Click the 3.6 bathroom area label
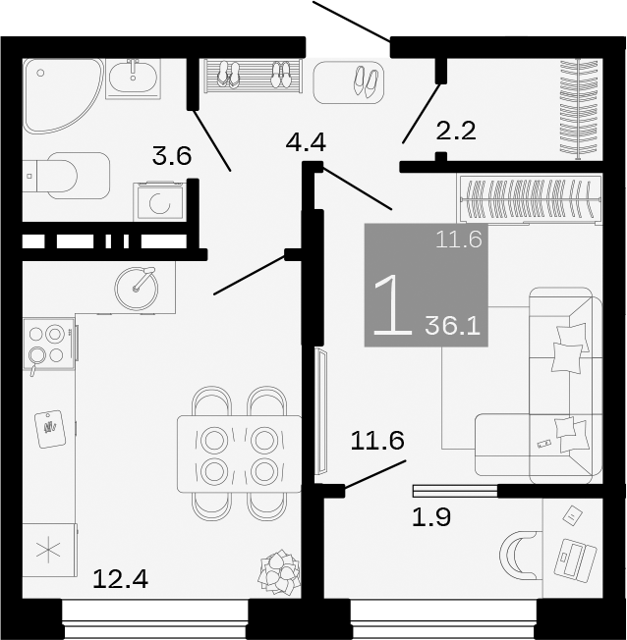coord(171,155)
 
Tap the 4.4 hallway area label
coord(305,142)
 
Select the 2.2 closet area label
coord(455,130)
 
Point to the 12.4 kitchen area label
coord(120,580)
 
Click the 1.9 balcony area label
coord(429,517)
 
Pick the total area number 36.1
coord(452,325)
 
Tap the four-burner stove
coord(47,344)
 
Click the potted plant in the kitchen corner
coord(279,572)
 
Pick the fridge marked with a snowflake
coord(48,550)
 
